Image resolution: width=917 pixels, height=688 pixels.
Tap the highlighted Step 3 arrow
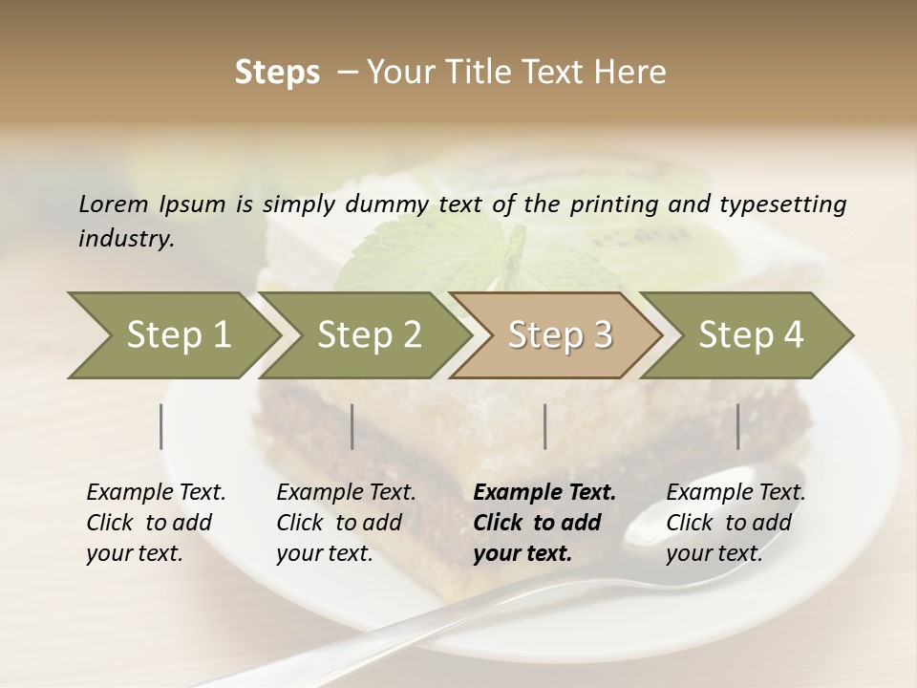(x=558, y=335)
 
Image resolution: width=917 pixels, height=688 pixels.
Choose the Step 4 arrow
(x=749, y=335)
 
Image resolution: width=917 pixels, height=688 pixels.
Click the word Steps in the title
(x=277, y=73)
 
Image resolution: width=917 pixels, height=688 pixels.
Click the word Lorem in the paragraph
(x=114, y=204)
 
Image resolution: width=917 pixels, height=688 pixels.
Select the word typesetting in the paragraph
(x=782, y=204)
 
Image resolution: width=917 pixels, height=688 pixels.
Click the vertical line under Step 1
(x=161, y=426)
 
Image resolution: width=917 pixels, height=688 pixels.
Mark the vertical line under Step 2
(x=352, y=426)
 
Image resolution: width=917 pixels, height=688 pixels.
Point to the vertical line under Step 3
(x=544, y=426)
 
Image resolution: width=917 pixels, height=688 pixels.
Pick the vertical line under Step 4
(x=737, y=426)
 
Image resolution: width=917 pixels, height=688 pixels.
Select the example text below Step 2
(x=345, y=523)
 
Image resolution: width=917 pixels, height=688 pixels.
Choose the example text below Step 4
(x=735, y=523)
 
